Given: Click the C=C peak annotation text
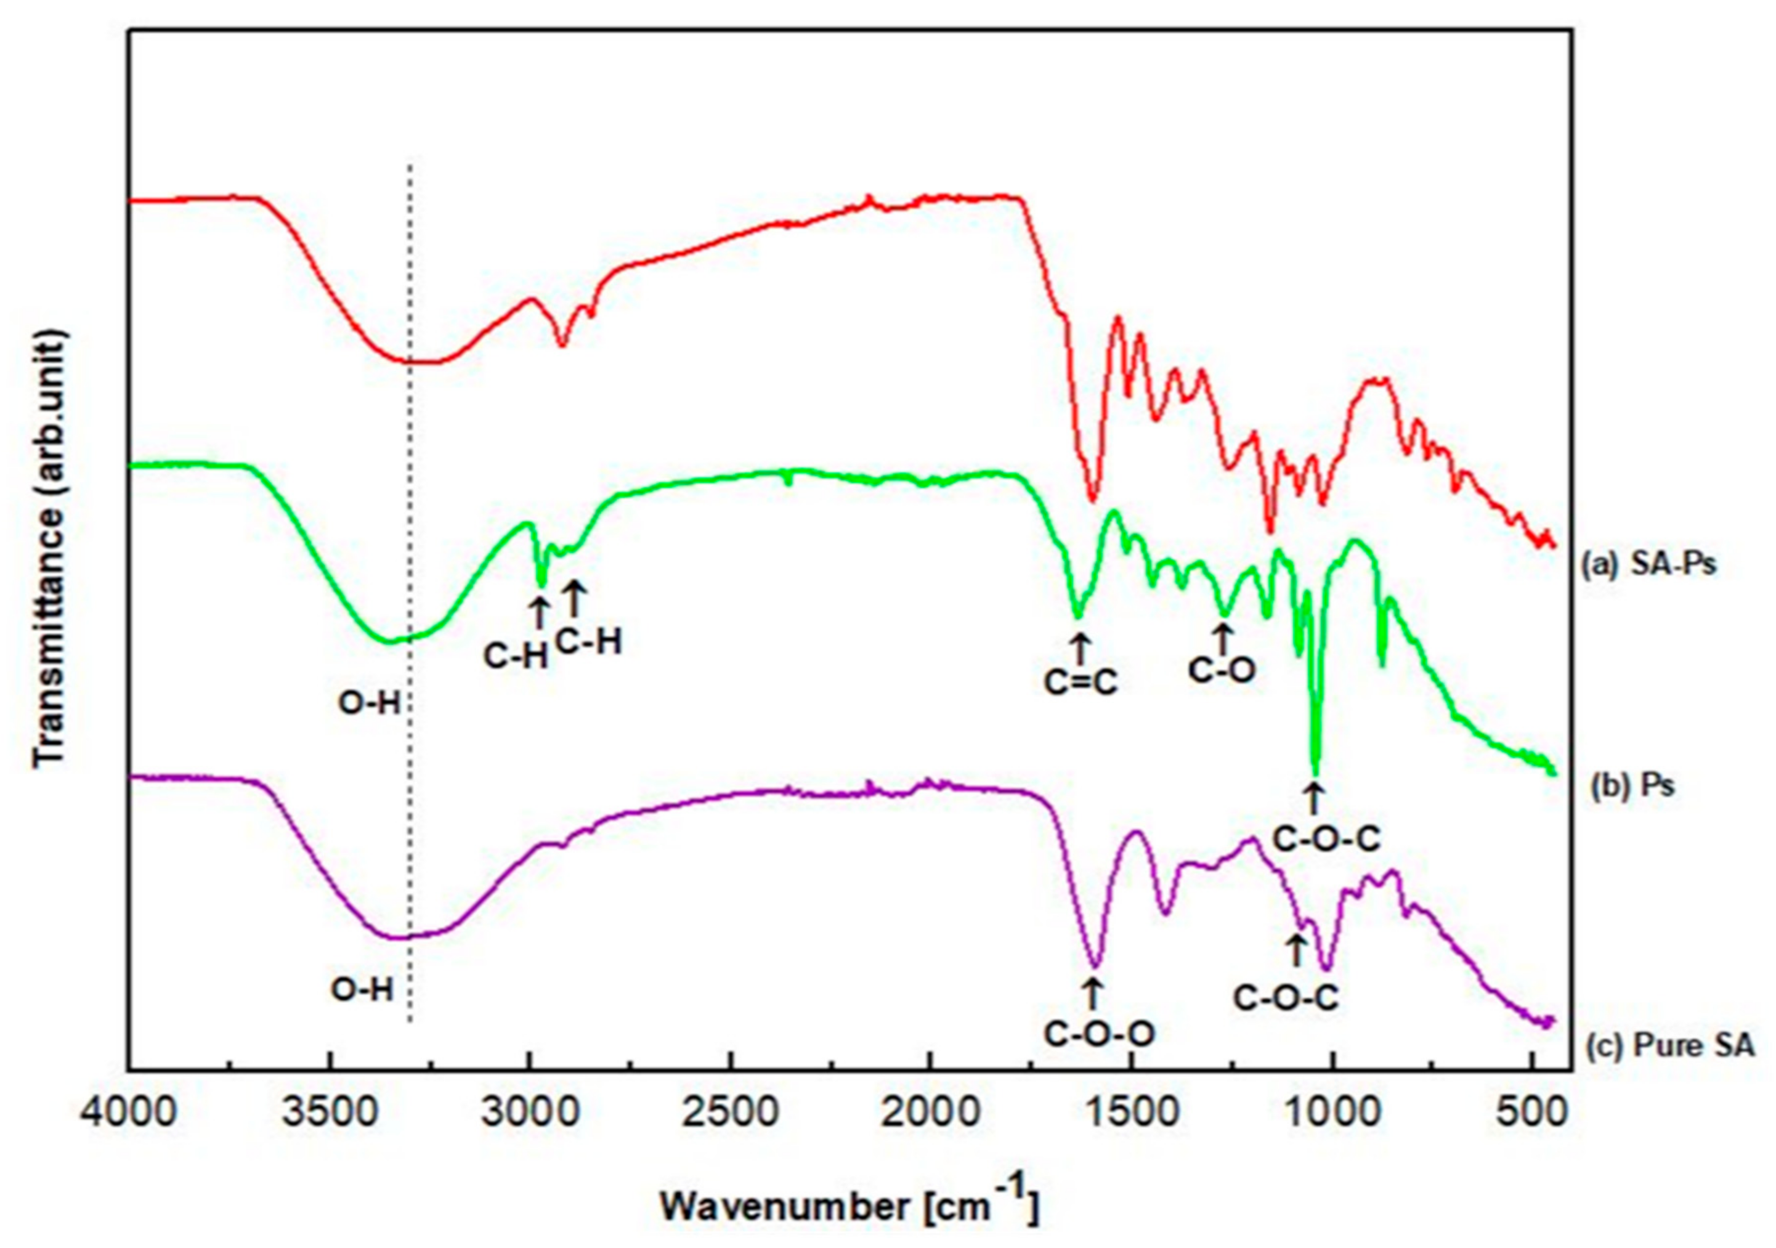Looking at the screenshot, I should click(x=1081, y=683).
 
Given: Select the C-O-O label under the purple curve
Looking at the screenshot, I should click(x=1099, y=1034).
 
